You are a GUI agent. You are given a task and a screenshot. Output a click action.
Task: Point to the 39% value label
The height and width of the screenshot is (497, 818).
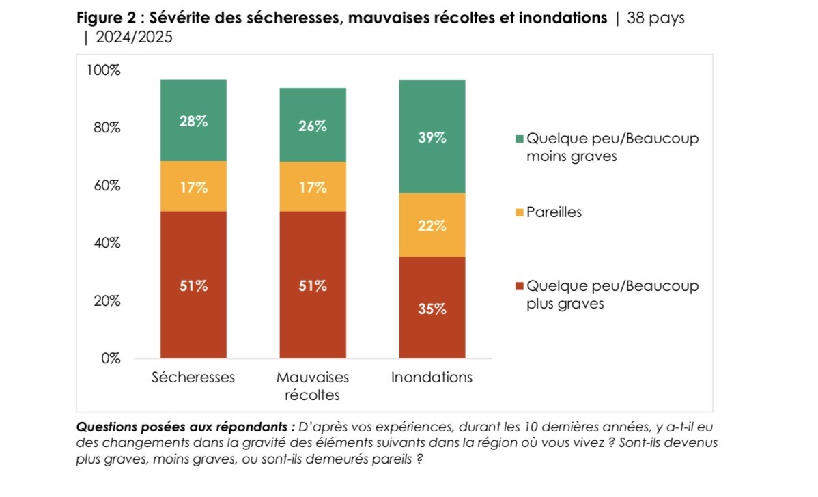click(x=432, y=137)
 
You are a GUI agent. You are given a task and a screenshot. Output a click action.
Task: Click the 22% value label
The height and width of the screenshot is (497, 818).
click(x=432, y=225)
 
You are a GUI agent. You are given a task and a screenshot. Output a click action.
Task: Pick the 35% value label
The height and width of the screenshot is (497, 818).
click(x=432, y=309)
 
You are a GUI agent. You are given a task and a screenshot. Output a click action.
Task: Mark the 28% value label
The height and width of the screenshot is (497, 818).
click(x=193, y=122)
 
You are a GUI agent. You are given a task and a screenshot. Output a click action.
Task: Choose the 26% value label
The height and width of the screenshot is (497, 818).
click(x=313, y=126)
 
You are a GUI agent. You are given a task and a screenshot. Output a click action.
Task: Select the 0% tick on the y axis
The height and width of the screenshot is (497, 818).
click(x=111, y=358)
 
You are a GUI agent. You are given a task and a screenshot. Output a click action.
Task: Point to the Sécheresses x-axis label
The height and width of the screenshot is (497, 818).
click(x=193, y=378)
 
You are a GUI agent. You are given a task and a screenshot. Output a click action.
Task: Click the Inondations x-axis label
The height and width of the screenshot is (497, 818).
click(x=432, y=378)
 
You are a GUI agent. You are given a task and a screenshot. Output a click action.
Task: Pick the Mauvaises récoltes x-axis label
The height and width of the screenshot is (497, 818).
click(x=313, y=386)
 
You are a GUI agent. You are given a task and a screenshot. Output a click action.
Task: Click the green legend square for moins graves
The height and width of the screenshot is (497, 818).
click(x=520, y=139)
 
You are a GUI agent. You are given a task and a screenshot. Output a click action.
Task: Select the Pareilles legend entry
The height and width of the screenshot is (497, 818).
click(x=554, y=212)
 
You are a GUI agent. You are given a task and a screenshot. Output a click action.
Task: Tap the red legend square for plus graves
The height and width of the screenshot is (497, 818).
click(x=520, y=287)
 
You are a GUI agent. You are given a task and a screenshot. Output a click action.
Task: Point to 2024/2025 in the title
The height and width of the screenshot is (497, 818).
click(x=134, y=38)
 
